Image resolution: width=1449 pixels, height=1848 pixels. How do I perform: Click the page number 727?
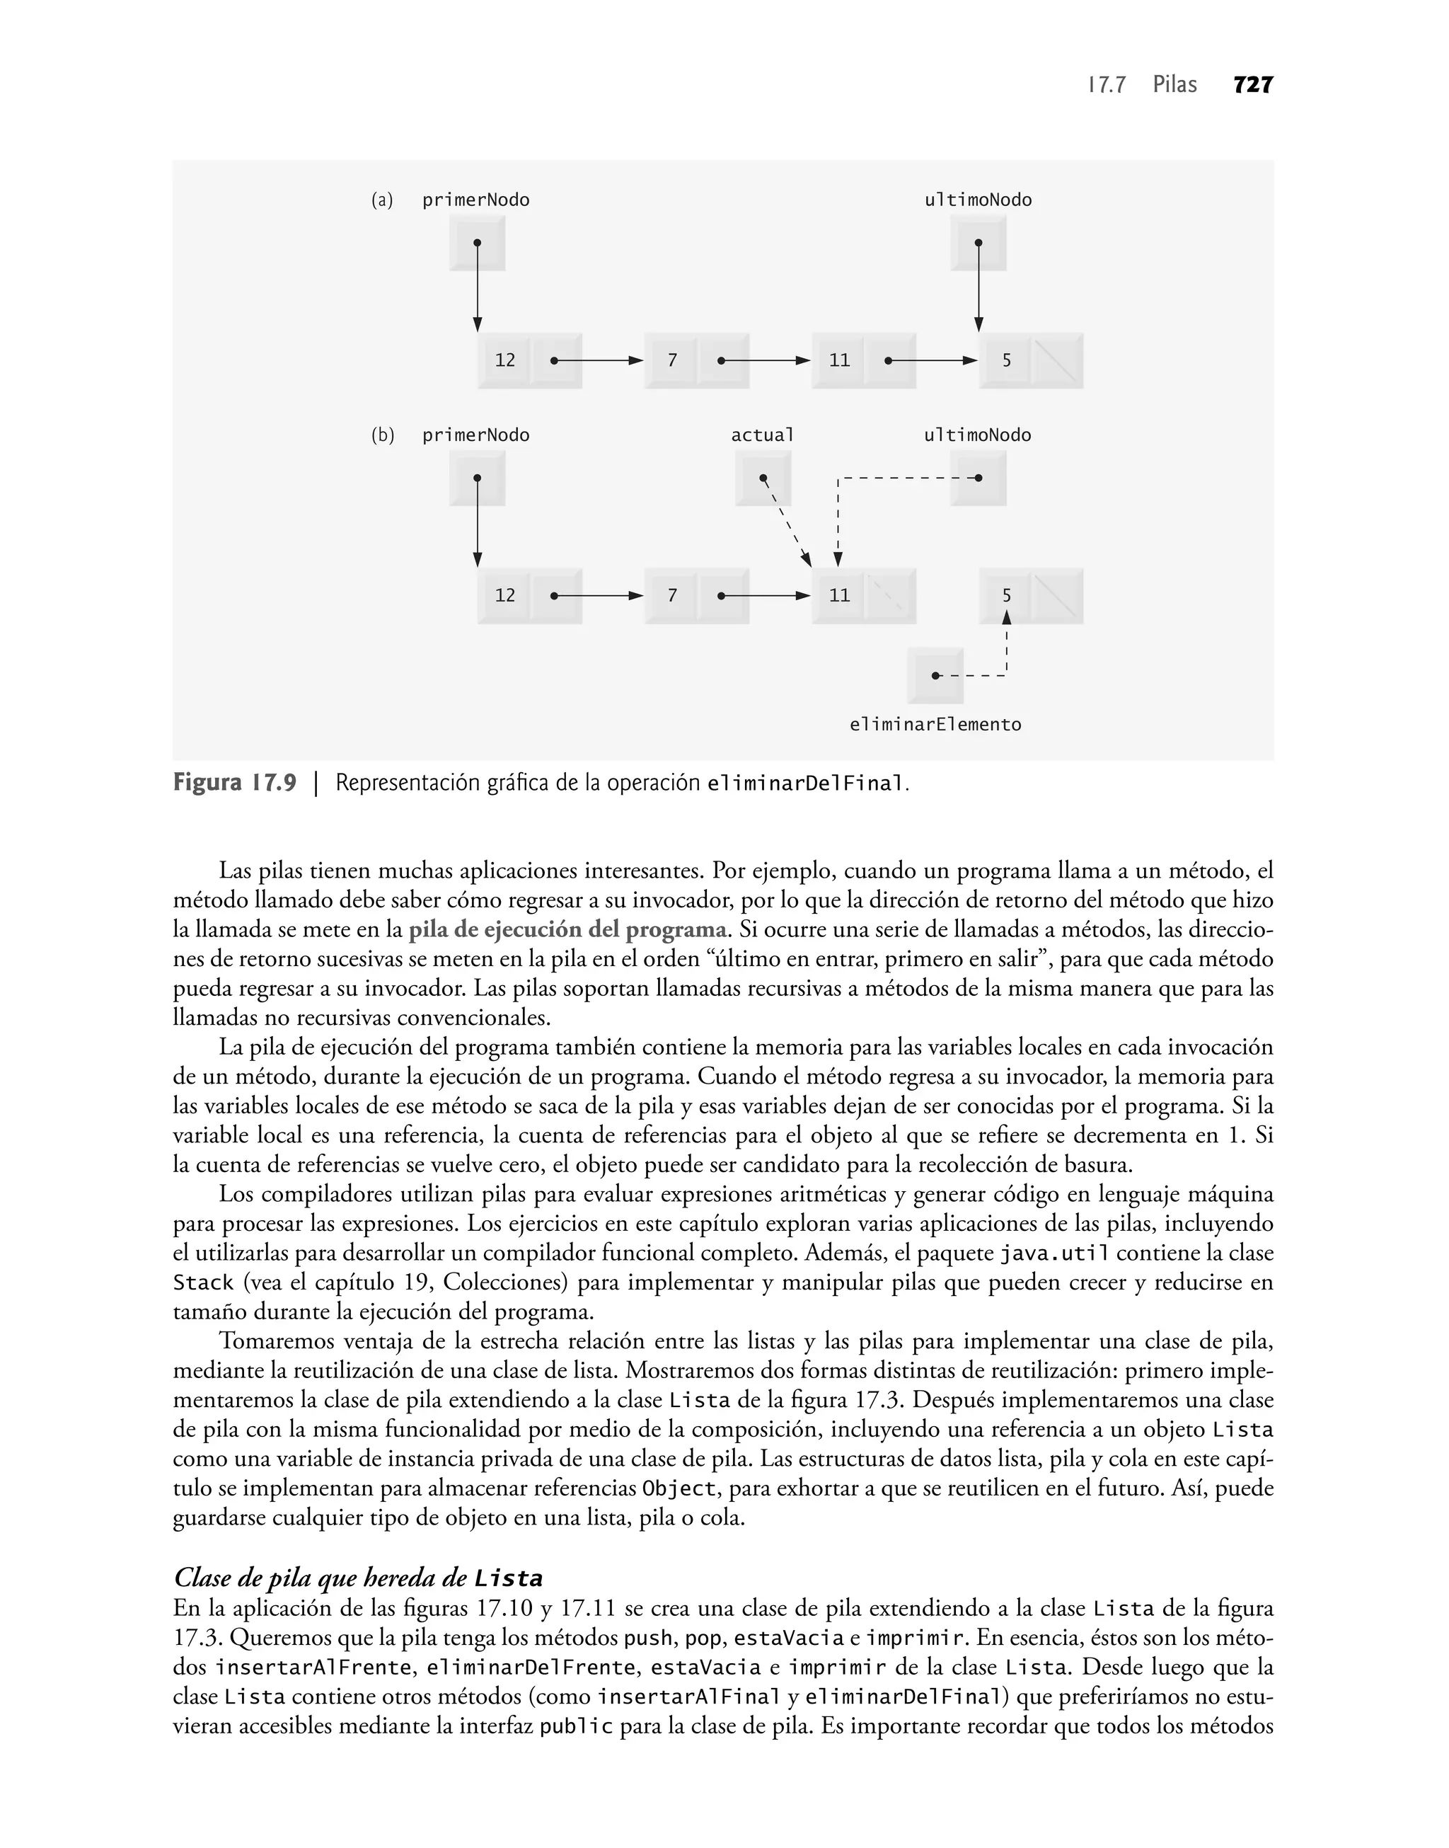(1253, 85)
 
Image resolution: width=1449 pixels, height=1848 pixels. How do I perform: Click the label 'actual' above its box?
(763, 435)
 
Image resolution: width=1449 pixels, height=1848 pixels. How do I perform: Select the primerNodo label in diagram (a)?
(476, 200)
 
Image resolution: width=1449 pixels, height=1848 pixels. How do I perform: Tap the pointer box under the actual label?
(763, 478)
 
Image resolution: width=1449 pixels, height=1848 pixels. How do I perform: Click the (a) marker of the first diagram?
(382, 200)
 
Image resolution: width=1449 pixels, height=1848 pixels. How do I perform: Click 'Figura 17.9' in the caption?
(235, 782)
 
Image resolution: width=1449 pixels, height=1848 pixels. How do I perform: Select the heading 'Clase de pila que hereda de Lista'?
(357, 1578)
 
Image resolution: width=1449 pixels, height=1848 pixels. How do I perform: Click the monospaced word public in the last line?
(576, 1727)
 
